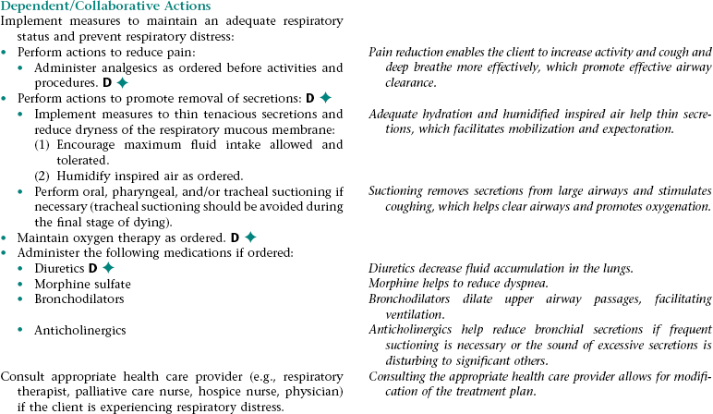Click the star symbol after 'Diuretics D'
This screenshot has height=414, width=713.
click(107, 268)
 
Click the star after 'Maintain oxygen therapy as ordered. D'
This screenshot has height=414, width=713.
click(249, 237)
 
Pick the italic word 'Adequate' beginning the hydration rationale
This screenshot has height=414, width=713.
click(394, 115)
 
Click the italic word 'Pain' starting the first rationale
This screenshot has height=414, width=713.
click(380, 53)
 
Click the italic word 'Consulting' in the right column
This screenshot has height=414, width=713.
click(400, 376)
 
